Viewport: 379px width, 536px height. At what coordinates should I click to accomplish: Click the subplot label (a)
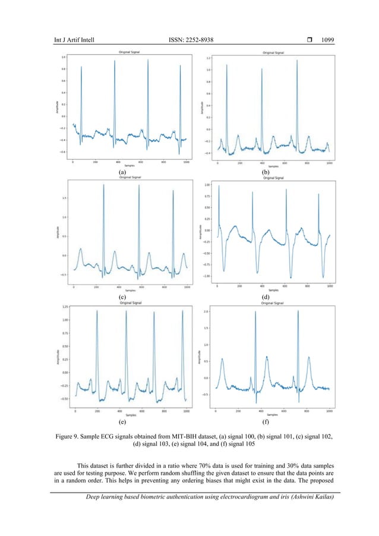click(x=122, y=172)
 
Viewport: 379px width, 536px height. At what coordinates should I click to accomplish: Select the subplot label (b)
click(x=265, y=172)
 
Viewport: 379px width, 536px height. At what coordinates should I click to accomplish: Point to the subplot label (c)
click(x=122, y=295)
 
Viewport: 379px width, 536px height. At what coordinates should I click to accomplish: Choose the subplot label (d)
click(x=265, y=295)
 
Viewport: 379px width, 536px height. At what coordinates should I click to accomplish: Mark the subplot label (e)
click(x=122, y=422)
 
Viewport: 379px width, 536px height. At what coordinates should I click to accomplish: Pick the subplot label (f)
click(x=265, y=422)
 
